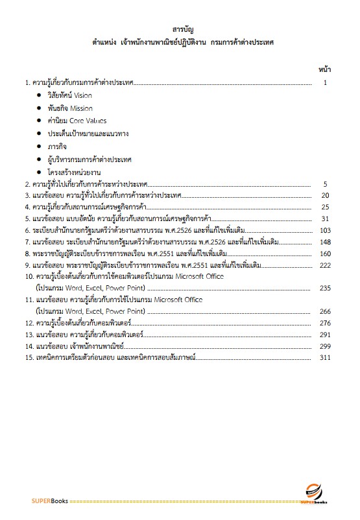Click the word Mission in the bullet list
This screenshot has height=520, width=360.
pos(82,108)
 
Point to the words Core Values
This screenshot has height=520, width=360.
pos(88,121)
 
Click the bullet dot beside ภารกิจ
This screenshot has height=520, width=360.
pos(39,146)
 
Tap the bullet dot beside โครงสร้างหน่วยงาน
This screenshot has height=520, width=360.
pos(39,171)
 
